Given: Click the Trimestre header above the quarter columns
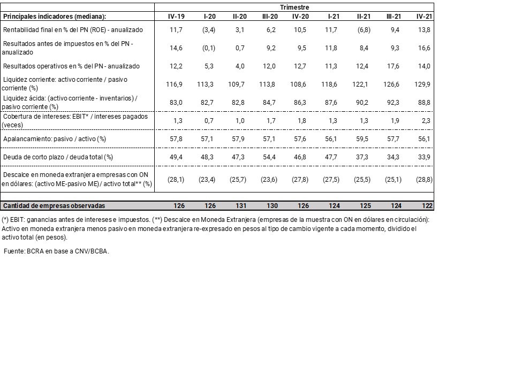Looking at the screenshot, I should (294, 7).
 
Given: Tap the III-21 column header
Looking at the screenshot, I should (394, 17).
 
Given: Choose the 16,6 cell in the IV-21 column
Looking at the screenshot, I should (424, 48).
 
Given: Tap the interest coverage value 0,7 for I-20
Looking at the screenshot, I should (209, 121).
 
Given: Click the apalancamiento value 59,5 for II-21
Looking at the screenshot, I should (363, 138).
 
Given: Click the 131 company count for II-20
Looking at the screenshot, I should (240, 206).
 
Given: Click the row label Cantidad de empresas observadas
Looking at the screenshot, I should (54, 206).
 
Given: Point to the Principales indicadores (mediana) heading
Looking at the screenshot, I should (55, 17).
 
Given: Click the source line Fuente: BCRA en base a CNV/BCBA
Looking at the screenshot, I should (56, 251).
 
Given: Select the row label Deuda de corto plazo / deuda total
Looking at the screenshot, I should (58, 157).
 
